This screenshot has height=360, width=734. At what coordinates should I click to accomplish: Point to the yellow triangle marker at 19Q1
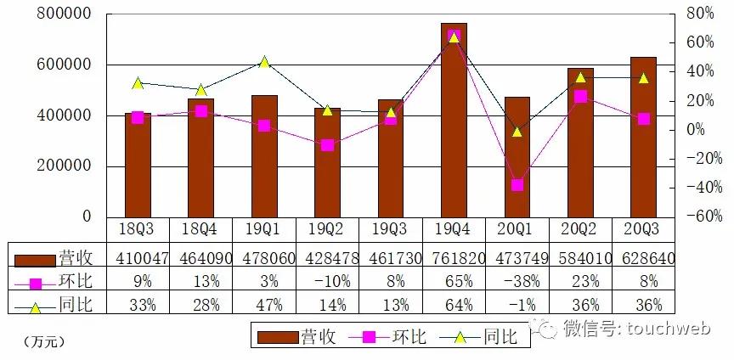tap(264, 62)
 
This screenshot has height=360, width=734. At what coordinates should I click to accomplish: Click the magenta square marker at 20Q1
tap(517, 185)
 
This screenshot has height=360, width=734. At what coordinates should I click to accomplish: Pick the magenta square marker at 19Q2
tap(328, 145)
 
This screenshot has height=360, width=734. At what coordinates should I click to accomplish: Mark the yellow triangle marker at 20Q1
tap(517, 132)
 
